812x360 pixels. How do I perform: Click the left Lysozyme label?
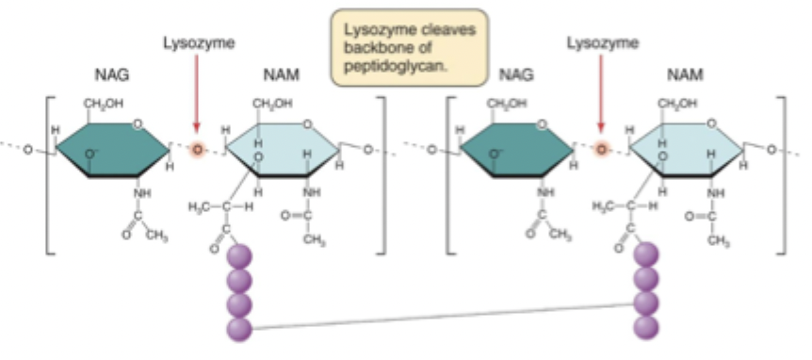(x=195, y=42)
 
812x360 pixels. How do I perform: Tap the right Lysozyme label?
(x=601, y=42)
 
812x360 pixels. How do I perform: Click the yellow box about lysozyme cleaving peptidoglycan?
(x=405, y=44)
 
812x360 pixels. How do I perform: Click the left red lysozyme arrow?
(x=195, y=94)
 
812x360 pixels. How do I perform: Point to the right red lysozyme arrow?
(x=601, y=94)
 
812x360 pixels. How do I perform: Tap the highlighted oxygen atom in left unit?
(x=198, y=149)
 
